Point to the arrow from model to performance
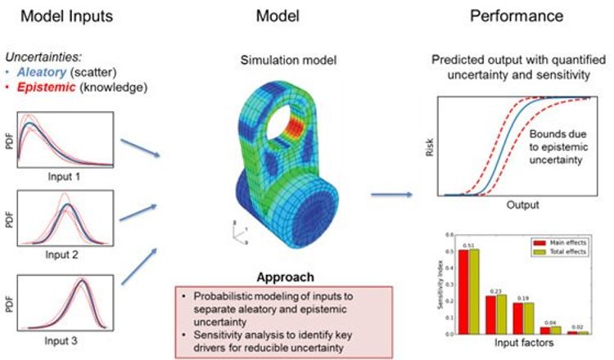[387, 195]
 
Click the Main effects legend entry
[555, 242]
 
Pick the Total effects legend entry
[555, 251]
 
